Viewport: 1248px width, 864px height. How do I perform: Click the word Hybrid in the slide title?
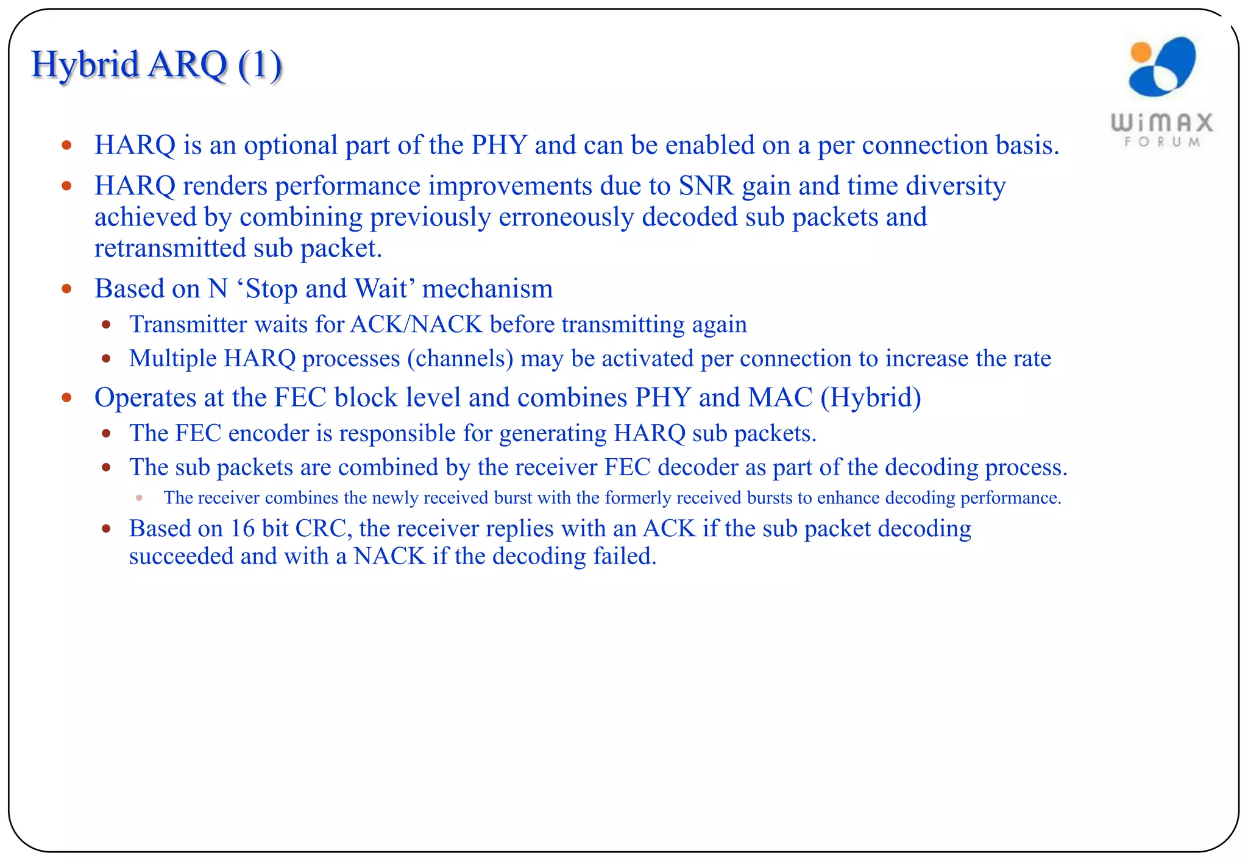tap(85, 65)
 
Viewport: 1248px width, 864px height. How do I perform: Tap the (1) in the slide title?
tap(260, 65)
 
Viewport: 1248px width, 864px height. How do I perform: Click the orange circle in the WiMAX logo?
tap(1140, 52)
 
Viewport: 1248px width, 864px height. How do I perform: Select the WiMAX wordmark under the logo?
tap(1162, 122)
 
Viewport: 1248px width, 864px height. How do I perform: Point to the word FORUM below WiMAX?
tap(1162, 142)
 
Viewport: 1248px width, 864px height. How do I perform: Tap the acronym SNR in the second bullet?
tap(706, 186)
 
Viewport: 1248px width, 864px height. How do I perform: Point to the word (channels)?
tap(460, 359)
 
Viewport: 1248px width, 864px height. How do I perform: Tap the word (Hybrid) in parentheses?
tap(871, 398)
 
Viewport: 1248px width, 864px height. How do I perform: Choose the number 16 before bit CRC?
tap(242, 528)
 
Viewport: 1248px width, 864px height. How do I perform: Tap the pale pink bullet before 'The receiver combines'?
tap(140, 498)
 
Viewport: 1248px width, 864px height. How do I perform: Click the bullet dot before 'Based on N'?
tap(67, 289)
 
